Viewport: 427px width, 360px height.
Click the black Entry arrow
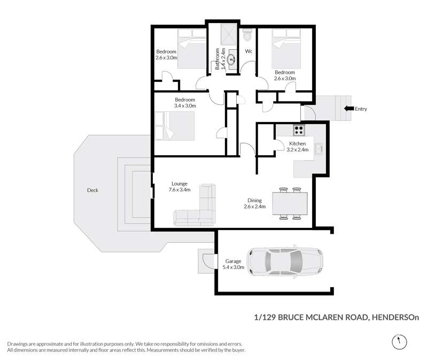(x=349, y=109)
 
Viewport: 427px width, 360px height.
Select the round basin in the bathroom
(x=232, y=59)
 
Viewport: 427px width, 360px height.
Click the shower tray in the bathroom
(x=228, y=34)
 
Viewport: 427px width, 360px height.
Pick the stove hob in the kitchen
(x=299, y=130)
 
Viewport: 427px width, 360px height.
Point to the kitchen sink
(x=319, y=149)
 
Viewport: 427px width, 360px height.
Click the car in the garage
(x=285, y=262)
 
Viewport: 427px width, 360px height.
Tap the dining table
(x=290, y=203)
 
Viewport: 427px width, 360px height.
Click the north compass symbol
(x=400, y=341)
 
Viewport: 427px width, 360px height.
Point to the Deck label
(x=92, y=190)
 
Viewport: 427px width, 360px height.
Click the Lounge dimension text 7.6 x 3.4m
(x=180, y=190)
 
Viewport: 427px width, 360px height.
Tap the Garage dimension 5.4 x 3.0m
(x=234, y=267)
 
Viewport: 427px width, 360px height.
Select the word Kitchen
(x=297, y=143)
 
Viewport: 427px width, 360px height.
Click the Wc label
(x=249, y=51)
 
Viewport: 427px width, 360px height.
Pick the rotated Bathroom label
(x=218, y=59)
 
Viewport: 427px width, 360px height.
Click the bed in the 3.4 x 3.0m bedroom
(x=175, y=126)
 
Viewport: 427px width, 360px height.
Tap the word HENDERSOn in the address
(x=395, y=317)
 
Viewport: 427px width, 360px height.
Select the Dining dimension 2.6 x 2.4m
(x=254, y=206)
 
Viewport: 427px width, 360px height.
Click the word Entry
(x=361, y=109)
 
